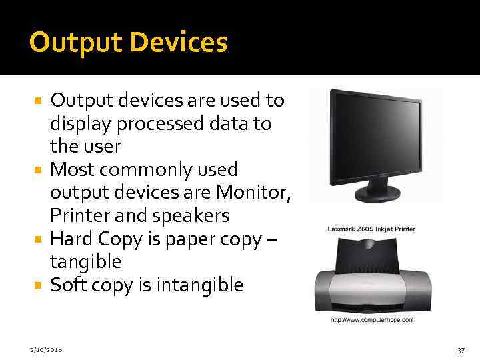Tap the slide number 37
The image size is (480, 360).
tap(459, 349)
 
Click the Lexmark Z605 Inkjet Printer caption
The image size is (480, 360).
tap(371, 229)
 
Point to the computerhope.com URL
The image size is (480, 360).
tap(372, 320)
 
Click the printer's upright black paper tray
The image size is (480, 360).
tap(371, 257)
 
